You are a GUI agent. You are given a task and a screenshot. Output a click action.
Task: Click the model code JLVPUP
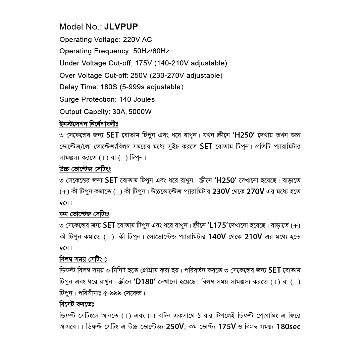click(121, 27)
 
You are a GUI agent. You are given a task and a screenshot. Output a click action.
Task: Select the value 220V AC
click(137, 40)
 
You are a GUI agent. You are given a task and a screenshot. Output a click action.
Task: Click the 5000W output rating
click(140, 112)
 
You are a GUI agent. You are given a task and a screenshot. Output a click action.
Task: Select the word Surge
click(69, 99)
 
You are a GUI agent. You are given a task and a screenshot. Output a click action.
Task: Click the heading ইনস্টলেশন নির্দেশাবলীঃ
click(89, 124)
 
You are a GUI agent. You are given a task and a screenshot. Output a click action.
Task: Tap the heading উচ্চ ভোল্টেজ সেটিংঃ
click(85, 169)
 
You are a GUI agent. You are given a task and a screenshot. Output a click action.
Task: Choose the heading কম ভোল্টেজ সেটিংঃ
click(84, 214)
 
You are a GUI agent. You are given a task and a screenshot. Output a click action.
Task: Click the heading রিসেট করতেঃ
click(76, 304)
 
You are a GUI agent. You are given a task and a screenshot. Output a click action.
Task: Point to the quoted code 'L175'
click(217, 225)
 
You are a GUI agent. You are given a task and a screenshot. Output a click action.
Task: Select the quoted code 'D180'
click(145, 281)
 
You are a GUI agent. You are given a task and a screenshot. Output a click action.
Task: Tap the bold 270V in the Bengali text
click(255, 192)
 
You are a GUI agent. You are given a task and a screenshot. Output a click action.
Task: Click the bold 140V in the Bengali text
click(217, 237)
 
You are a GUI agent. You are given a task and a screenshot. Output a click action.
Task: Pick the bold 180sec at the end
click(288, 326)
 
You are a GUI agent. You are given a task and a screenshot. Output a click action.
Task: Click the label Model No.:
click(81, 27)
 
